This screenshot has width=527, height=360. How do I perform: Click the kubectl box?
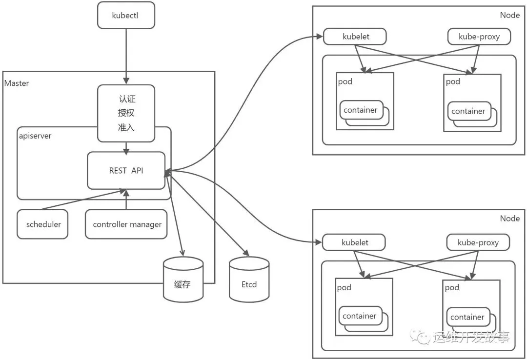126,15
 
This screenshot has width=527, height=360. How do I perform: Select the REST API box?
126,170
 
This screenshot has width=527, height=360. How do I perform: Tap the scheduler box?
43,224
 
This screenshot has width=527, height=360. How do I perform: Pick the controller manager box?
126,224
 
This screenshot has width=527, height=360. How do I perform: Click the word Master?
17,83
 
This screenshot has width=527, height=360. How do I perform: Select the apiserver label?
35,136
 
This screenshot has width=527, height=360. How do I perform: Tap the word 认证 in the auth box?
126,99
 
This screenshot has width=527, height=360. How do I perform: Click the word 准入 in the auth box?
126,127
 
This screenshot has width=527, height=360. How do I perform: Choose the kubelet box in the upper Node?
355,36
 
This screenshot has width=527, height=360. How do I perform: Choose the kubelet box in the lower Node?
354,242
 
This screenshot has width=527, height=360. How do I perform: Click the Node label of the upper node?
509,15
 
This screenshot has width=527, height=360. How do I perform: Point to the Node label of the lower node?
509,219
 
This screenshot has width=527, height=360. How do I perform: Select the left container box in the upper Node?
361,110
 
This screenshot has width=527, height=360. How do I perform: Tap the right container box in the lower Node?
467,317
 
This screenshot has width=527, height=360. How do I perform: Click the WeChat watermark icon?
420,337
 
